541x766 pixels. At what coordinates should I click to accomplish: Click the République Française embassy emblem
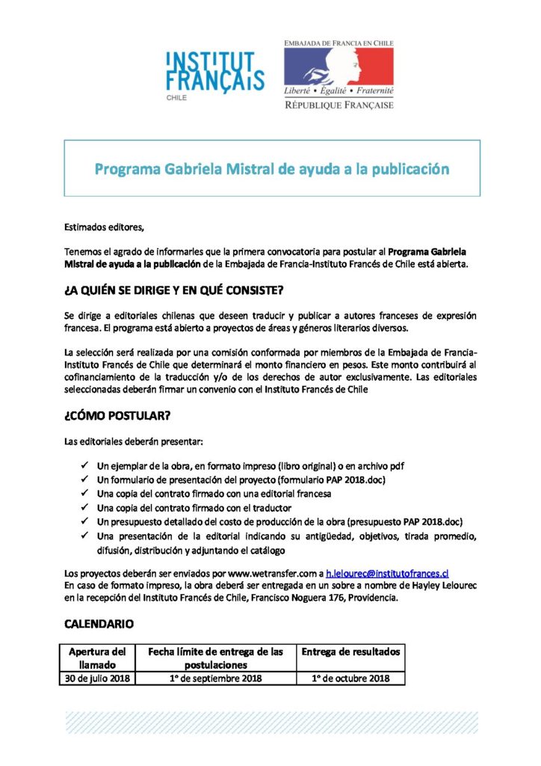coord(338,75)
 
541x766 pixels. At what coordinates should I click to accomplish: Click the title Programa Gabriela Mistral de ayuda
coord(272,169)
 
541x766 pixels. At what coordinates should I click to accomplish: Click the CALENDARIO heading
coord(99,622)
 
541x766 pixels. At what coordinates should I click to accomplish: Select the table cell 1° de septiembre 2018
coord(216,678)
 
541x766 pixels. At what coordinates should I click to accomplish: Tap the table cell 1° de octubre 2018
coord(350,678)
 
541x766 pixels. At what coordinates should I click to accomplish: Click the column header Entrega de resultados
coord(350,652)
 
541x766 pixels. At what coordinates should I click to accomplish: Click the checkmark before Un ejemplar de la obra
coord(83,465)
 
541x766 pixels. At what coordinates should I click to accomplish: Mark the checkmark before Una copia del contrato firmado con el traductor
coord(83,508)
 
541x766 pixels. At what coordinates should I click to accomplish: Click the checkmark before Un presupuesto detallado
coord(83,521)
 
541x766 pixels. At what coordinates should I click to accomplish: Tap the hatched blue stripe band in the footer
coord(271,723)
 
